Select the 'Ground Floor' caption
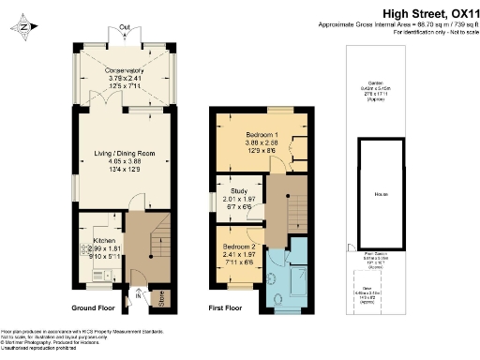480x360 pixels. tap(97, 307)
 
